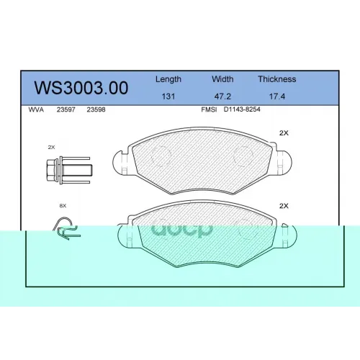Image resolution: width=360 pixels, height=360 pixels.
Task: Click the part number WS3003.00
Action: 81,88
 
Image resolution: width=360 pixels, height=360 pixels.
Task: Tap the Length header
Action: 168,79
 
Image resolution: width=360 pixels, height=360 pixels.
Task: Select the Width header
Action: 222,79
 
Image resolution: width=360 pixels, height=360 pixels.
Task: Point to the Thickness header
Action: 277,79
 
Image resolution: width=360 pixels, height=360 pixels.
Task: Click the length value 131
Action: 168,96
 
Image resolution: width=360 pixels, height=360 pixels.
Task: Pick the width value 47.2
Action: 222,96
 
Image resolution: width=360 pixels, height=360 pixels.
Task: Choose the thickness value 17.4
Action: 277,96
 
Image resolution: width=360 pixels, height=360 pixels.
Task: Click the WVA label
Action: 36,109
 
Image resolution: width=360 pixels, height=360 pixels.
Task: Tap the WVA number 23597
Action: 66,109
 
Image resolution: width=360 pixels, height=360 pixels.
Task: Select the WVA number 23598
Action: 96,109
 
